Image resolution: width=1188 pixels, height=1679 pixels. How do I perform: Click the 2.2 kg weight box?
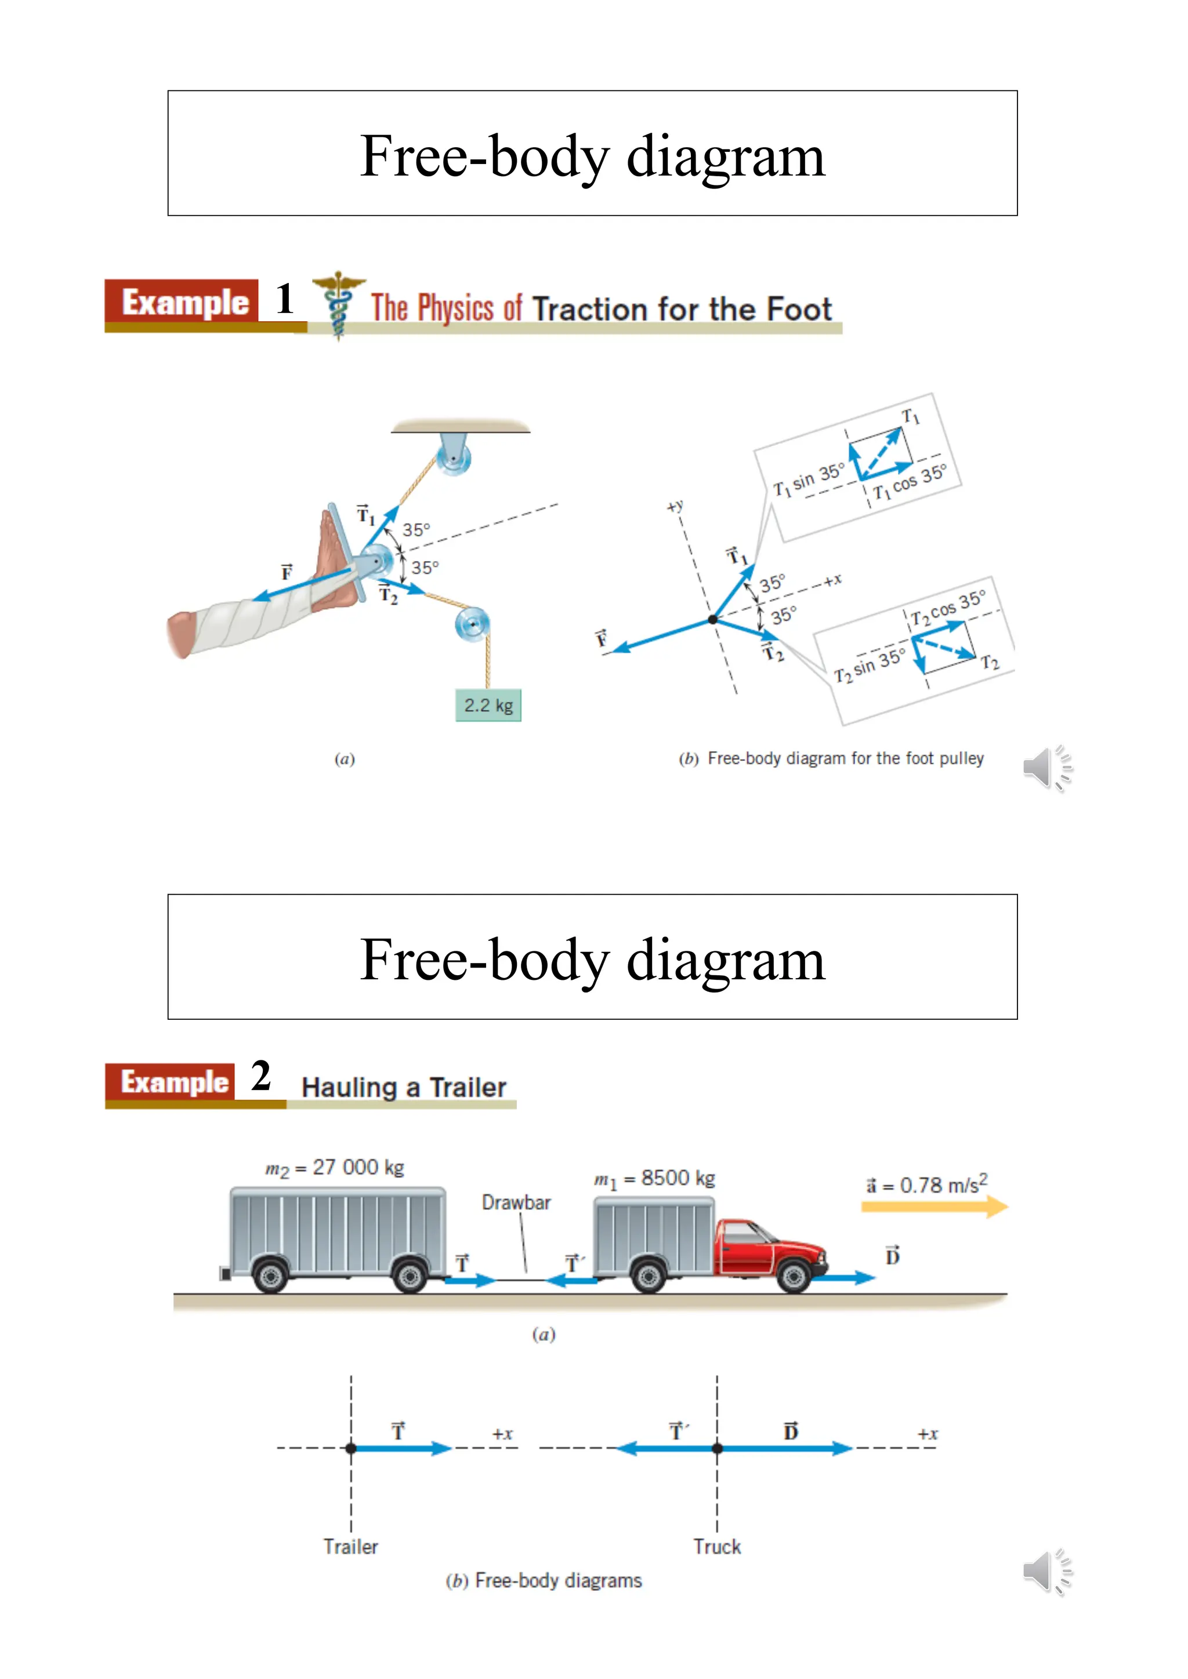[488, 705]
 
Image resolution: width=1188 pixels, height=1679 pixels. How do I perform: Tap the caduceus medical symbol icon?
[338, 305]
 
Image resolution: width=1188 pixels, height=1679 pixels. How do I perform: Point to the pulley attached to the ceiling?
[454, 458]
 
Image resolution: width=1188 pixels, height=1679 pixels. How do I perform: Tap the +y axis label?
[675, 506]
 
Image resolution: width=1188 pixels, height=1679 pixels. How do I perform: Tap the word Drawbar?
[516, 1202]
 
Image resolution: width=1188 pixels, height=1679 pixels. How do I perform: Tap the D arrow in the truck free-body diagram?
[787, 1448]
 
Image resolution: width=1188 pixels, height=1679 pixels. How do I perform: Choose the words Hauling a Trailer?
[404, 1088]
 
